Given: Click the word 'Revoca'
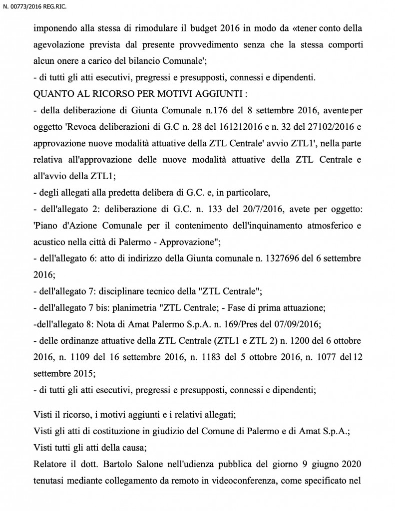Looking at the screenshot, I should [x=86, y=126].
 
